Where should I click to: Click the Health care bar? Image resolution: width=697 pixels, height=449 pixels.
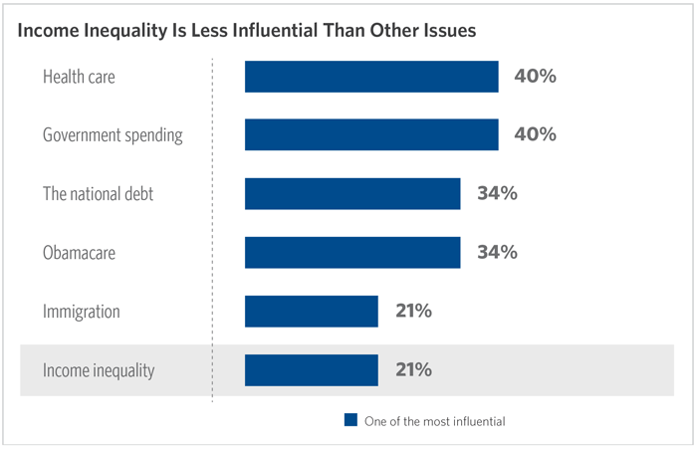point(371,77)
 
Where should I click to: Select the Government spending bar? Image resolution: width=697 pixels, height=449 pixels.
point(371,135)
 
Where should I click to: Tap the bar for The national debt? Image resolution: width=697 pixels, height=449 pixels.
point(352,193)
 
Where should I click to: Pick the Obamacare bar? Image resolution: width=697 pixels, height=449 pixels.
point(352,252)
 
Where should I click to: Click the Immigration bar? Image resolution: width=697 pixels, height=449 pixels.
point(311,312)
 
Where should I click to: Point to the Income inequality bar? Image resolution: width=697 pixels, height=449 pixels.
point(311,370)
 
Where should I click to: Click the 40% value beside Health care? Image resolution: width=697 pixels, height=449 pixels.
point(535,77)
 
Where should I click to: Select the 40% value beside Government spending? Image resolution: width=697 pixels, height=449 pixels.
point(535,135)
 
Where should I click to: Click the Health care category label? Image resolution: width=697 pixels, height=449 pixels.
point(79,77)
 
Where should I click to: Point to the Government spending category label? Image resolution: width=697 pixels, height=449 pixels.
point(113,135)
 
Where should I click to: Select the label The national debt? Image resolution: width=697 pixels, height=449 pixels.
point(98,194)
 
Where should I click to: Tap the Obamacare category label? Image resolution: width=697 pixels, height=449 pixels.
point(79,253)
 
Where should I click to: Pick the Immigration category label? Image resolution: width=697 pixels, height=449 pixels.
point(81,312)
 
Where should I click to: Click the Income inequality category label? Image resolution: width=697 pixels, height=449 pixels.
point(98,370)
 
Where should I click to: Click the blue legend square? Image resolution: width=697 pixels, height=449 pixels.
point(349,420)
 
